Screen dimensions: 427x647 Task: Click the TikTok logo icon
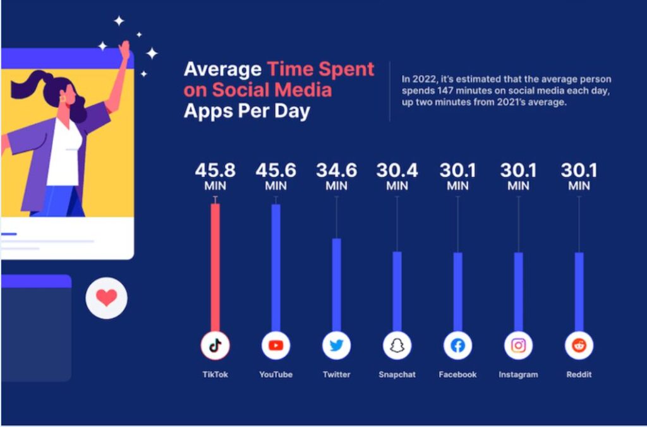215,346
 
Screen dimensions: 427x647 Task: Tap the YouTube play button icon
275,346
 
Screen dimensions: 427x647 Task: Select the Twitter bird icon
336,346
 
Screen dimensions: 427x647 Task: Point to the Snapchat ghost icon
397,346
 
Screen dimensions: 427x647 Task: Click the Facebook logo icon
457,346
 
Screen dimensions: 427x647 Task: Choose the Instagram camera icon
518,346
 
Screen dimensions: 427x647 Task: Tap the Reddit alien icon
579,346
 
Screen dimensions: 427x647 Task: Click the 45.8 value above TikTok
215,171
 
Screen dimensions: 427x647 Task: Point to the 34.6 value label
336,171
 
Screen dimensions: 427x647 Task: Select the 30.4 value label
397,171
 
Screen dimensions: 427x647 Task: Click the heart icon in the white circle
106,297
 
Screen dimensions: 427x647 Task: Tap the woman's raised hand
124,49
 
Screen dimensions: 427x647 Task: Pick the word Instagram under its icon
518,375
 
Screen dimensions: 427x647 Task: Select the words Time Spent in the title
320,69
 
